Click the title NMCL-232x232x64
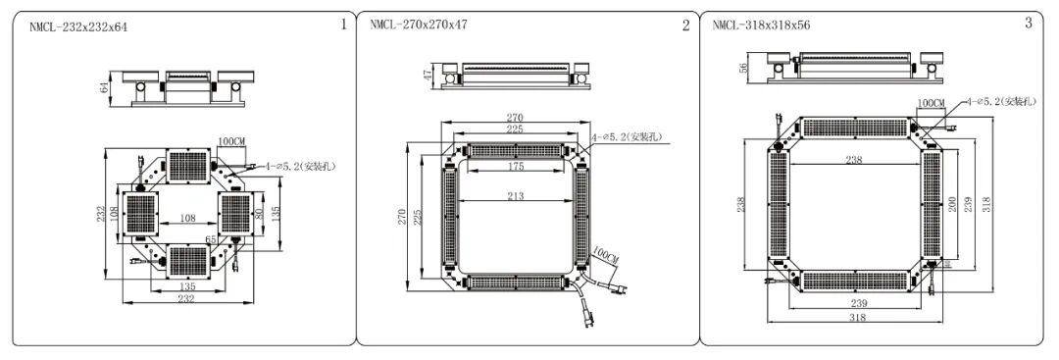[x=78, y=27]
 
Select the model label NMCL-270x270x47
[x=419, y=25]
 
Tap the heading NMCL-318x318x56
[x=761, y=26]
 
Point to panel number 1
[x=343, y=25]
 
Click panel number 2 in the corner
[x=686, y=26]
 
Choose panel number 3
[x=1029, y=23]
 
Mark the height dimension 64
[x=104, y=87]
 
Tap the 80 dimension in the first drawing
[x=259, y=213]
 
